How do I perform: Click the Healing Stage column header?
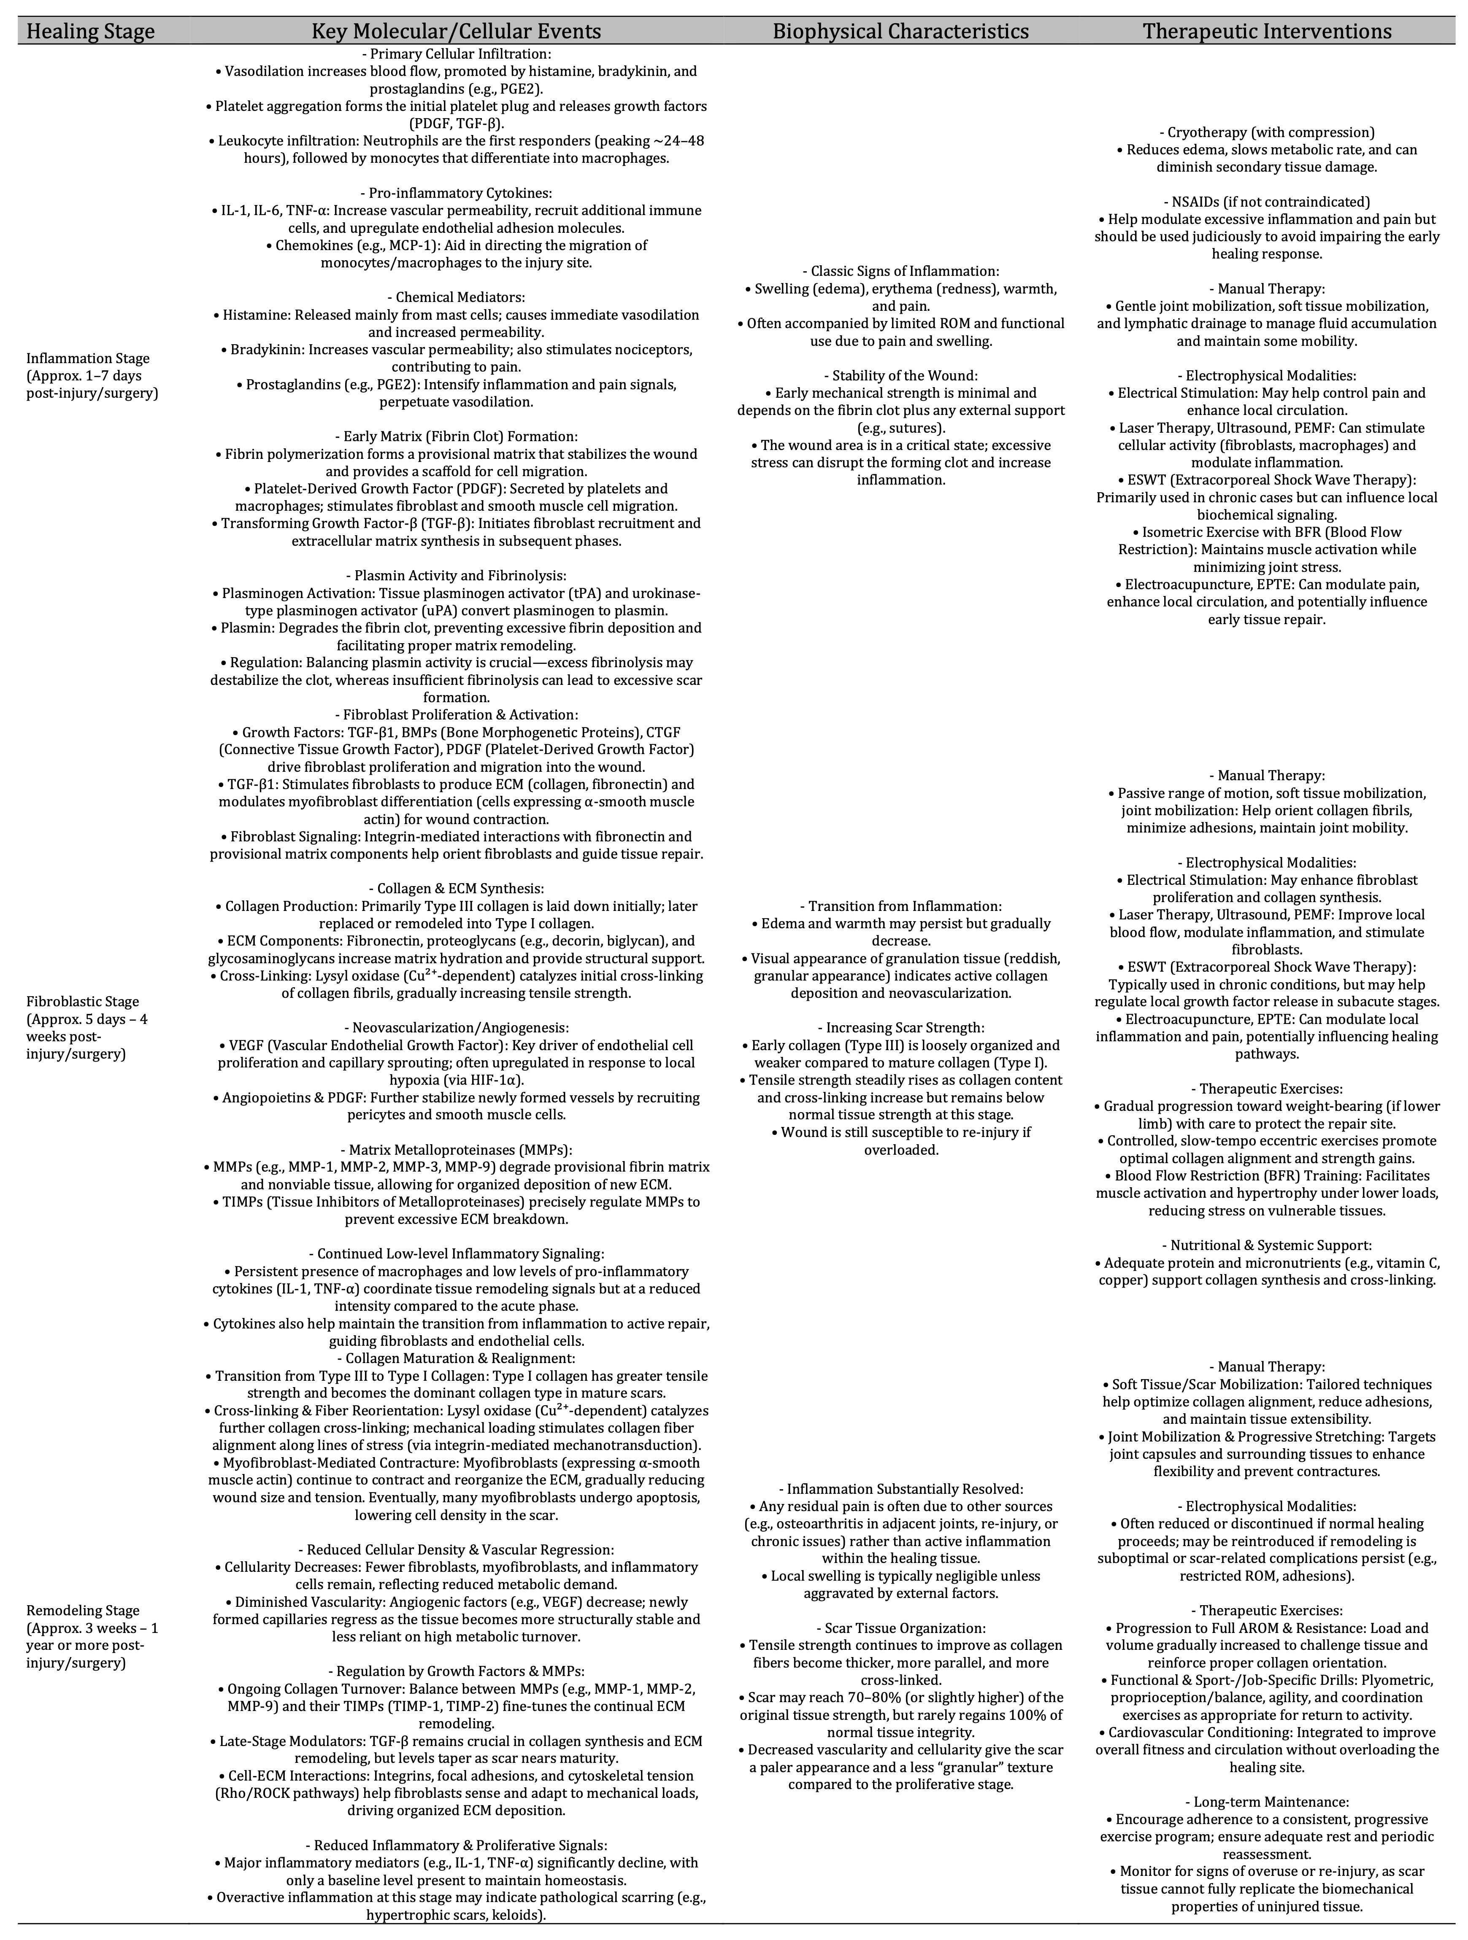tap(90, 32)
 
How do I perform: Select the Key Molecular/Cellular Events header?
tap(456, 32)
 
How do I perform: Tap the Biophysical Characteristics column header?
tap(900, 32)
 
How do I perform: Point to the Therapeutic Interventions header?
tap(1266, 32)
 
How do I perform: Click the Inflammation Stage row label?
tap(88, 359)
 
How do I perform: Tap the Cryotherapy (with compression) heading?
tap(1266, 132)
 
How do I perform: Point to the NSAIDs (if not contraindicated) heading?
tap(1266, 202)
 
